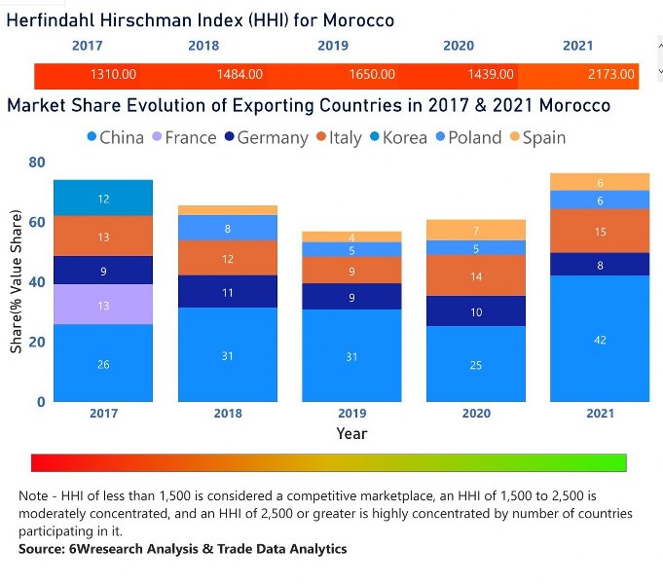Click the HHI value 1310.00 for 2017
[x=113, y=74]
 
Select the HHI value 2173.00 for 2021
[x=610, y=74]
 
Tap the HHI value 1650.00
[x=372, y=74]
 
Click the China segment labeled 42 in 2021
[x=600, y=339]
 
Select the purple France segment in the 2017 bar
[x=103, y=305]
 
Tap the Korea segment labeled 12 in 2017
[x=103, y=198]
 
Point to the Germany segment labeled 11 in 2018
[x=227, y=291]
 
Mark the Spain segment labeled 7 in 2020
[x=476, y=230]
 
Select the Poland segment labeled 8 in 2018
[x=227, y=228]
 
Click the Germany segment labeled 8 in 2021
[x=600, y=264]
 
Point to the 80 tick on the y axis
[x=36, y=163]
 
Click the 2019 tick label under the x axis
[x=351, y=414]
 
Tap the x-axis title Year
[x=351, y=433]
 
